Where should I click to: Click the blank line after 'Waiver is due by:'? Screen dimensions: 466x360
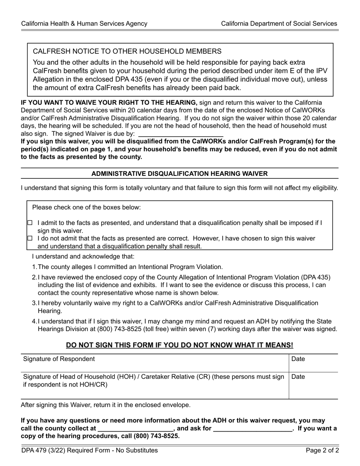click(181, 134)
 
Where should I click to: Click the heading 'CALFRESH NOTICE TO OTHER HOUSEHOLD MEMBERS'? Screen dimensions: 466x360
click(127, 51)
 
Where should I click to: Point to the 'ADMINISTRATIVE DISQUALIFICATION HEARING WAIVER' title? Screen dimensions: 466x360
click(180, 174)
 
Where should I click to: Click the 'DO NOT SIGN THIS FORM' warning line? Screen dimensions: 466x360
click(180, 345)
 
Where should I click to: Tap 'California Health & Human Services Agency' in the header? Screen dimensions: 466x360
click(84, 23)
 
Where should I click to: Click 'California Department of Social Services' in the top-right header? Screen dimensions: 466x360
click(279, 23)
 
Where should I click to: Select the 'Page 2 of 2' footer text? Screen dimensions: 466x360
click(322, 450)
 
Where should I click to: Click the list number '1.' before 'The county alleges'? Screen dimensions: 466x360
click(34, 267)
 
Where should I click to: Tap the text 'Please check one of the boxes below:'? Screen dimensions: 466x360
click(86, 207)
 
